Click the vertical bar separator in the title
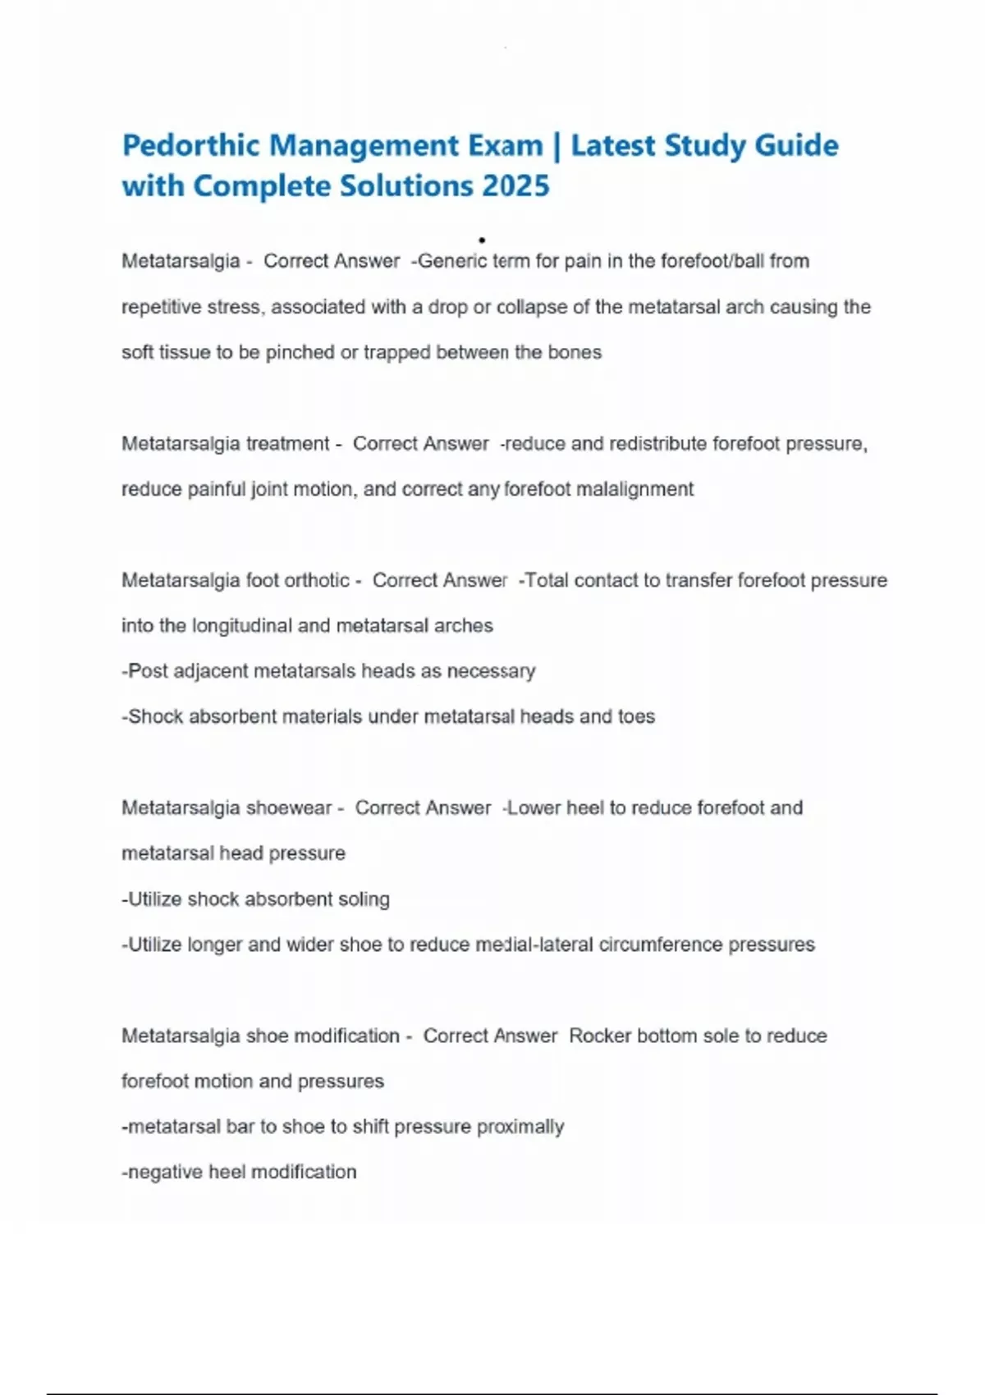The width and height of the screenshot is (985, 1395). tap(557, 146)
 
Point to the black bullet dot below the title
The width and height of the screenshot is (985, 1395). tap(482, 240)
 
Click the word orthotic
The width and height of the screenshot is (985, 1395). tap(316, 580)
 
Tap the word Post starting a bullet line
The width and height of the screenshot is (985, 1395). tap(148, 671)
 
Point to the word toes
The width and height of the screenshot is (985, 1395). tap(636, 716)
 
